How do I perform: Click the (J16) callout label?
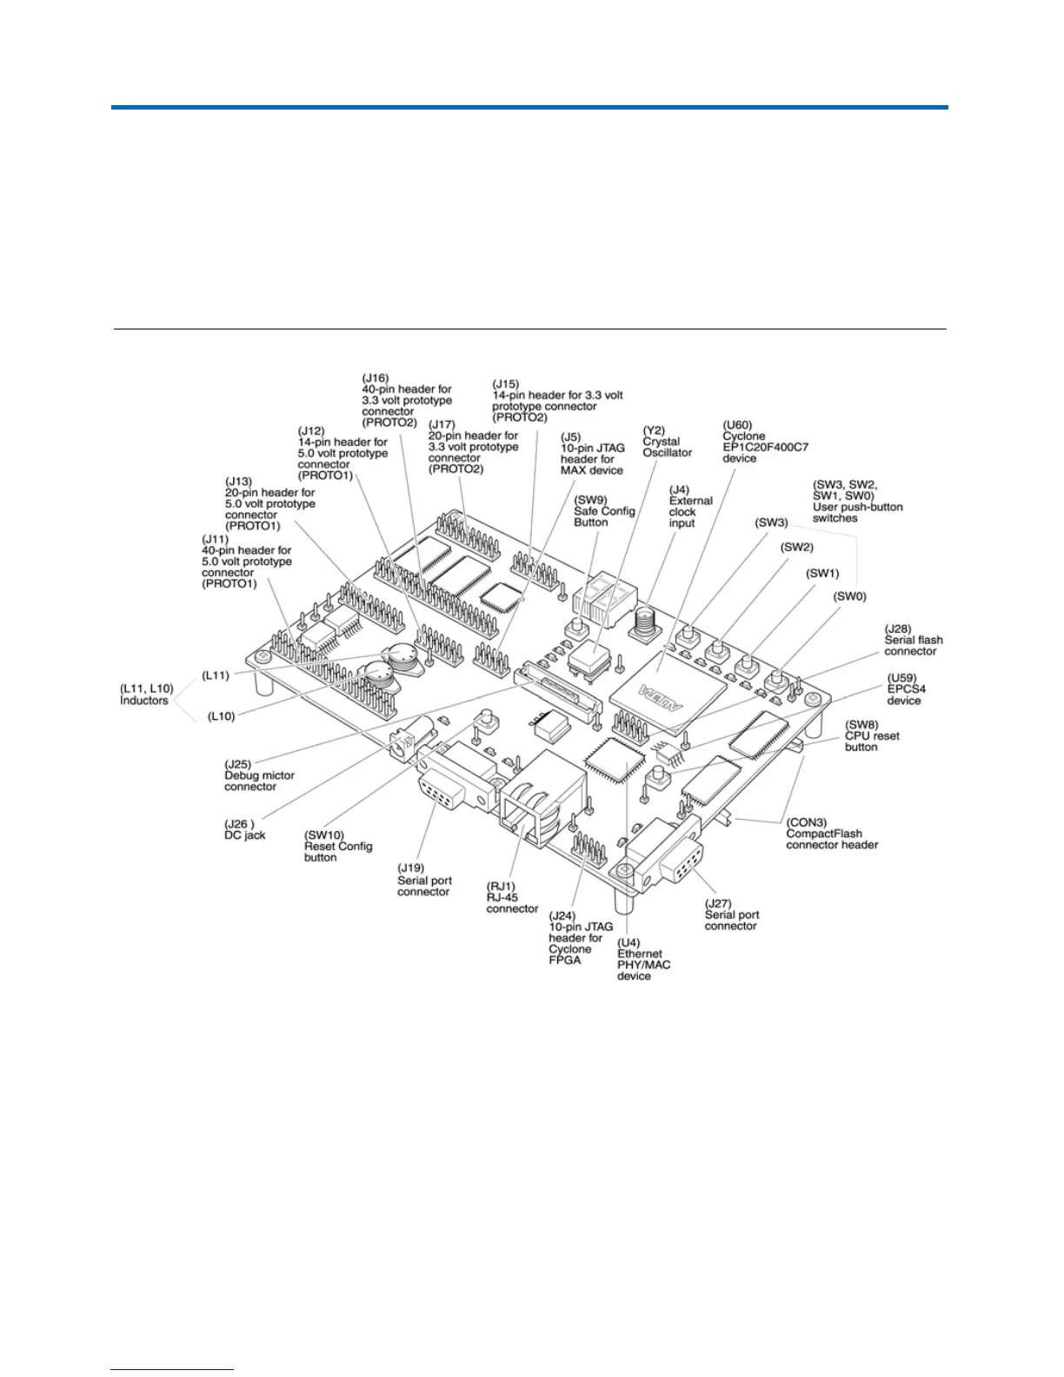pyautogui.click(x=406, y=400)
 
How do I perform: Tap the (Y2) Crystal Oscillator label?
pyautogui.click(x=667, y=442)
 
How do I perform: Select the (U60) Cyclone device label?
pyautogui.click(x=764, y=442)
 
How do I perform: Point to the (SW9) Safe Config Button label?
pyautogui.click(x=603, y=510)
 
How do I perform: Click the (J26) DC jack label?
pyautogui.click(x=245, y=829)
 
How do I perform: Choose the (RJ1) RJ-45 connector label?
pyautogui.click(x=512, y=897)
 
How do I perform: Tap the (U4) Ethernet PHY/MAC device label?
pyautogui.click(x=643, y=959)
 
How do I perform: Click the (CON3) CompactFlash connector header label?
pyautogui.click(x=831, y=834)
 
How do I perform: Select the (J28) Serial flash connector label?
pyautogui.click(x=913, y=640)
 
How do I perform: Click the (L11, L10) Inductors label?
pyautogui.click(x=146, y=695)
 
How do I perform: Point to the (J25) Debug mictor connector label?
pyautogui.click(x=259, y=775)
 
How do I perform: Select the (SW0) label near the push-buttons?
pyautogui.click(x=849, y=596)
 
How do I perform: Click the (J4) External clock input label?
pyautogui.click(x=690, y=506)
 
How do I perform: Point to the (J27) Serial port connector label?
pyautogui.click(x=731, y=915)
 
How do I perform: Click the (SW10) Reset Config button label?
pyautogui.click(x=337, y=846)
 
